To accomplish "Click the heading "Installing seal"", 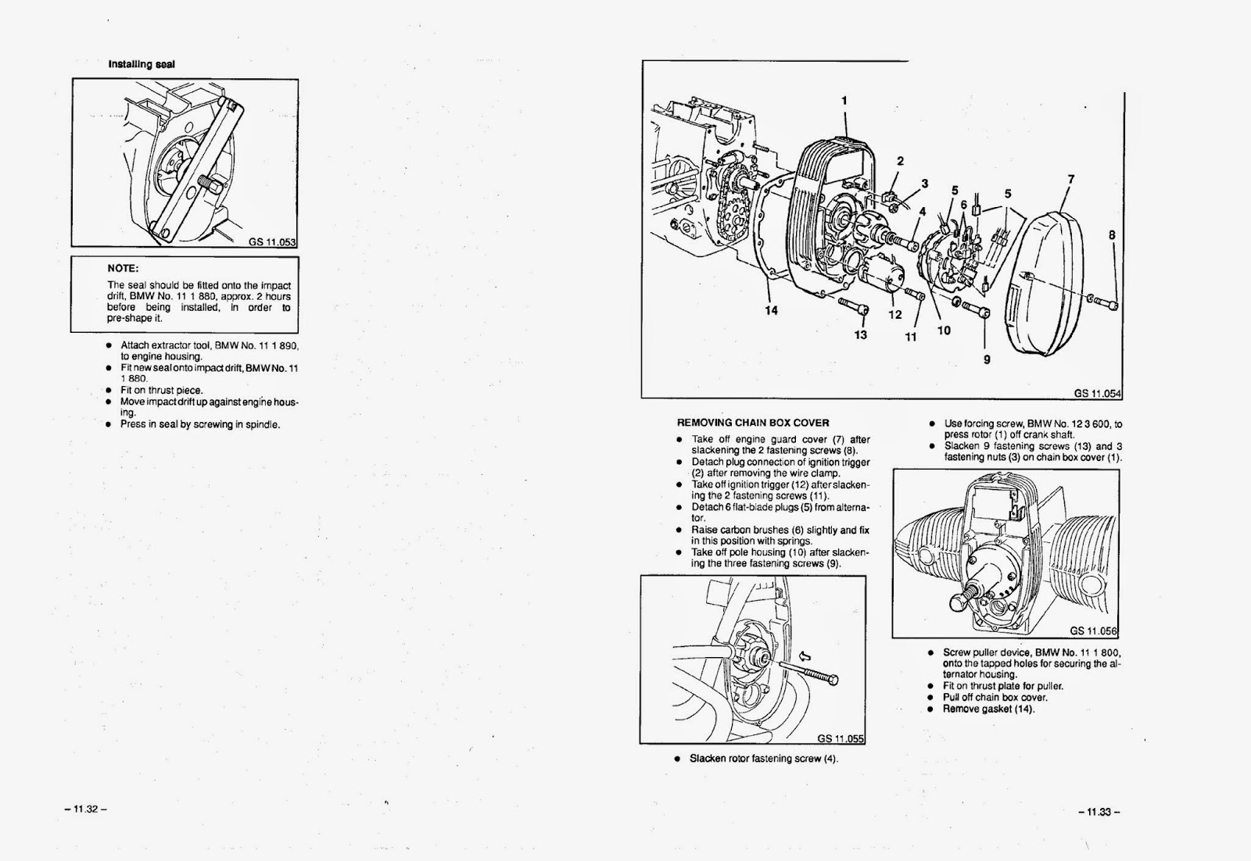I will [142, 64].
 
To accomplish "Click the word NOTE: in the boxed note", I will [123, 268].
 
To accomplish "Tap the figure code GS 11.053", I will [272, 241].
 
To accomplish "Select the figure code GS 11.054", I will [1097, 393].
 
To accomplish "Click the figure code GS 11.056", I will [1094, 631].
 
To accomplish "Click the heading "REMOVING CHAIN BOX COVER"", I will [753, 423].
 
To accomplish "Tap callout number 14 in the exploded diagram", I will [772, 311].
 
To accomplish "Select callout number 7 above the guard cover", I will [1070, 180].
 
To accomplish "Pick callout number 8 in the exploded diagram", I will [1111, 234].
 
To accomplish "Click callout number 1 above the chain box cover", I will [844, 100].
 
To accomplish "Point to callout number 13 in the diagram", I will [861, 335].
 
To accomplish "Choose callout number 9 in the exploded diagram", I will [987, 359].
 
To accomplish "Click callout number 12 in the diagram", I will [895, 315].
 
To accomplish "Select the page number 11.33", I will [1099, 812].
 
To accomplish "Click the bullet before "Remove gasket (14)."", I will [930, 709].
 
